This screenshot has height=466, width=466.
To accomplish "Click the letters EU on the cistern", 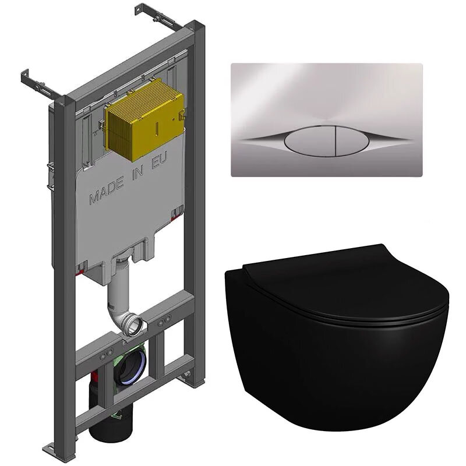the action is (x=160, y=161).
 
